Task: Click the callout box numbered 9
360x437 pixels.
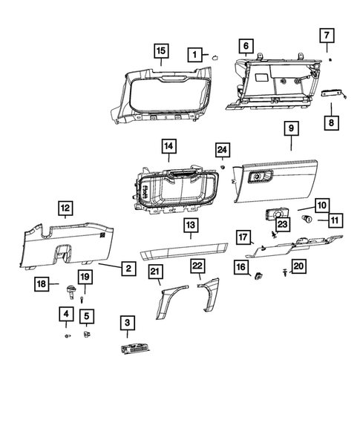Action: point(291,129)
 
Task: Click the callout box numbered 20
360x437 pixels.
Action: point(298,266)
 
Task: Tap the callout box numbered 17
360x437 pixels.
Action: point(243,237)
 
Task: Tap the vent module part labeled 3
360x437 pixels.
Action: point(134,349)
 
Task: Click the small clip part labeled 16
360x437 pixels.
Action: point(258,277)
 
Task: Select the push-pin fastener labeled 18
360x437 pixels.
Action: point(72,291)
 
